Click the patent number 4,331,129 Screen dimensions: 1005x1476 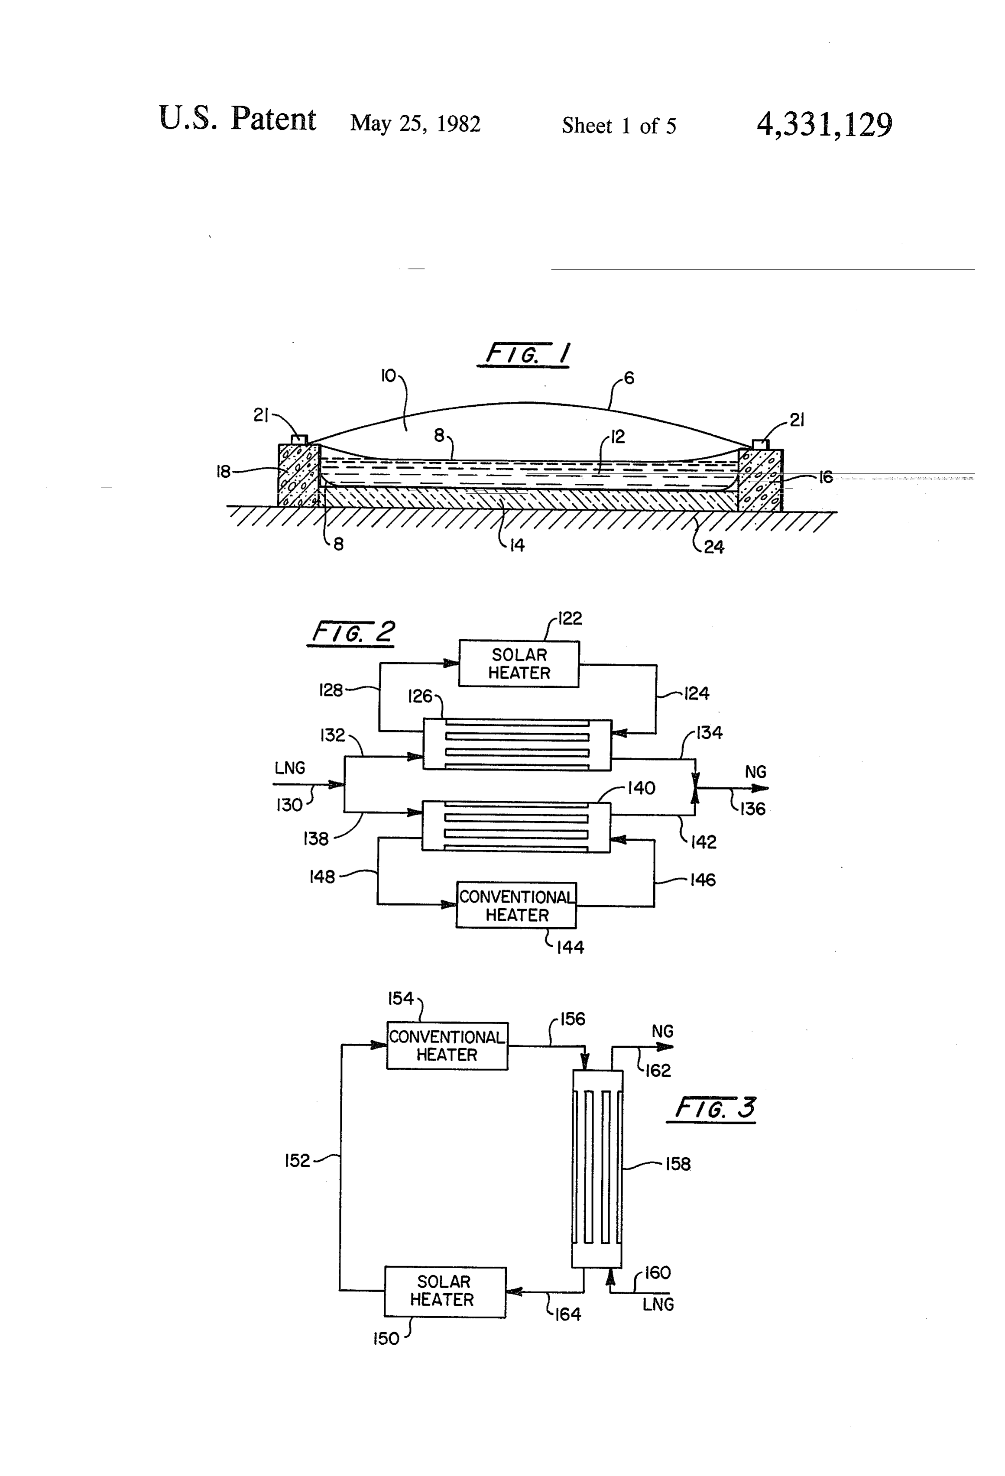(x=824, y=124)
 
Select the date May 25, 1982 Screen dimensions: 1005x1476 (x=415, y=123)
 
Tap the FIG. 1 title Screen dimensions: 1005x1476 (x=526, y=354)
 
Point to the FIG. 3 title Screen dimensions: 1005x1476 (x=713, y=1109)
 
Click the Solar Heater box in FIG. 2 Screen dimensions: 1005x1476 (x=519, y=664)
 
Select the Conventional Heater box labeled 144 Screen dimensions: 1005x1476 (x=516, y=905)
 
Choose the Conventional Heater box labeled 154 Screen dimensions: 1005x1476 (x=447, y=1046)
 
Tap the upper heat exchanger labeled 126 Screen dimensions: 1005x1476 (x=517, y=744)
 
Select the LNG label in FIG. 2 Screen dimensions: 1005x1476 (x=290, y=768)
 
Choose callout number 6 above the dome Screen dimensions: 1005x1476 (x=629, y=379)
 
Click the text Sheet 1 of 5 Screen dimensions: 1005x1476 (x=619, y=126)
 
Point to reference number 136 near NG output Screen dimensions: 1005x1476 (x=753, y=809)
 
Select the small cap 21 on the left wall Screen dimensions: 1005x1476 (x=298, y=440)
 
